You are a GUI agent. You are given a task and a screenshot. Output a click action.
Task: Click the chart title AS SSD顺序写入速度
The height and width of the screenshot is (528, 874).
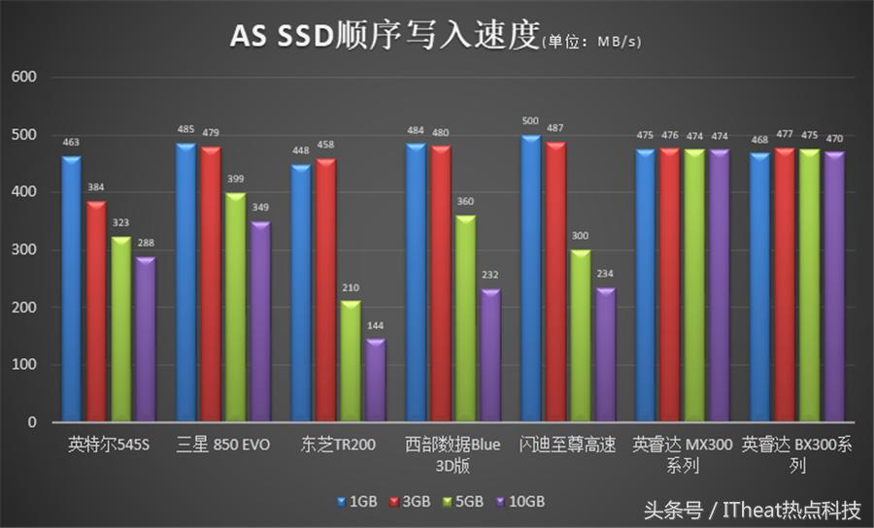tap(384, 35)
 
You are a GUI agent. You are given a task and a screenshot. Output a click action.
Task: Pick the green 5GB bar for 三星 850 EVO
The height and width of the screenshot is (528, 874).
tap(235, 308)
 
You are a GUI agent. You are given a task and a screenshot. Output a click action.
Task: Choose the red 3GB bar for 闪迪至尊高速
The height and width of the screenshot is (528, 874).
tap(555, 282)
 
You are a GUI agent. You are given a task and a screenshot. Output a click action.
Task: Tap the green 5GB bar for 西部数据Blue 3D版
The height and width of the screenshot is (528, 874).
tap(465, 318)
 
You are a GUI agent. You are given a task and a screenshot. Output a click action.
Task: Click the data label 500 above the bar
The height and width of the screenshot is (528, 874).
tap(530, 121)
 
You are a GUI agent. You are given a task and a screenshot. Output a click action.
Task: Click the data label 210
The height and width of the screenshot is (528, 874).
tap(350, 289)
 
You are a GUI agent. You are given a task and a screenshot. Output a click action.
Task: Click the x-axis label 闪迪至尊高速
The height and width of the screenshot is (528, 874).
tap(567, 446)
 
